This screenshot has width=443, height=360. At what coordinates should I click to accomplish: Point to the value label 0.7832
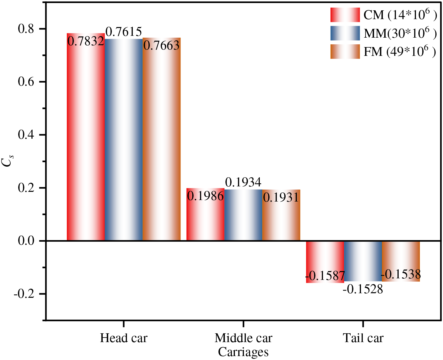coord(86,41)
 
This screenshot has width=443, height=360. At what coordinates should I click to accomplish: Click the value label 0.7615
coord(124,32)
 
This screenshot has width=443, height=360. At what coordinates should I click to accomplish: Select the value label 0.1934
coord(243,182)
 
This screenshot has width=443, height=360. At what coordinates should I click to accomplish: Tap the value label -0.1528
coord(363,289)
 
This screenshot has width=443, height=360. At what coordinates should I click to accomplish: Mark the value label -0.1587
coord(325,276)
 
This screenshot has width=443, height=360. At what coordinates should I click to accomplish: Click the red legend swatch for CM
coord(345,15)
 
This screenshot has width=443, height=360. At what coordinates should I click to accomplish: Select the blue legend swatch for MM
coord(345,33)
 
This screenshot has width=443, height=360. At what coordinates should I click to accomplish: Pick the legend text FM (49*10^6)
coord(400,52)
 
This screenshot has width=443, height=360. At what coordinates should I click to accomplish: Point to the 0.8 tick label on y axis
coord(27,29)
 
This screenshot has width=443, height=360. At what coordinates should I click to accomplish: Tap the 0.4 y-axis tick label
coord(27,135)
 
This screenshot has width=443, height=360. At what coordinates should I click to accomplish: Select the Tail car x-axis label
coord(363,338)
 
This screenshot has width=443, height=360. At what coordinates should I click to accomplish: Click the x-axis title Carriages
coord(243,352)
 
